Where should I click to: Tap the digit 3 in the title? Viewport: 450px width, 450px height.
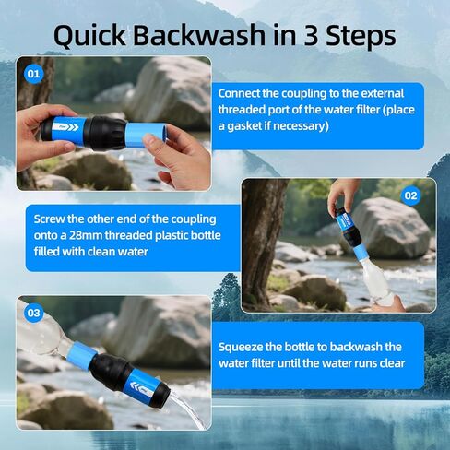pyautogui.click(x=313, y=35)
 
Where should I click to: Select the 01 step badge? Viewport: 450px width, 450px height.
pyautogui.click(x=33, y=74)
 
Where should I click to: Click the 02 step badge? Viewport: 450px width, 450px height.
pyautogui.click(x=411, y=195)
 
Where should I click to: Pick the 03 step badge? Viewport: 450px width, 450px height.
pyautogui.click(x=33, y=313)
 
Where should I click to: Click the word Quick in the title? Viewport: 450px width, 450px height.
pyautogui.click(x=89, y=36)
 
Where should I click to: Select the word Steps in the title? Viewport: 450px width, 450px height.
pyautogui.click(x=361, y=36)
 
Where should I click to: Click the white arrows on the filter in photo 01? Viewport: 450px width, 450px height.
pyautogui.click(x=69, y=127)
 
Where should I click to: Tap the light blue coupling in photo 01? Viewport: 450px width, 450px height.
pyautogui.click(x=146, y=135)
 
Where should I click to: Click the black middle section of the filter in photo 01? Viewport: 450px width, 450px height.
pyautogui.click(x=105, y=133)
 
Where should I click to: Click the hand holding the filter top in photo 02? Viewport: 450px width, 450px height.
pyautogui.click(x=342, y=196)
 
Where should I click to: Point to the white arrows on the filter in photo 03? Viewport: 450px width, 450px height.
pyautogui.click(x=136, y=386)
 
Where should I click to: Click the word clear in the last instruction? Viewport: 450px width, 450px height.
pyautogui.click(x=392, y=363)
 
